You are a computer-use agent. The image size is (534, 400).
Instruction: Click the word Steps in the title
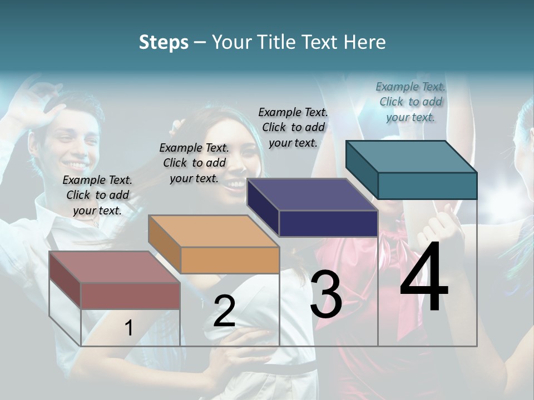pyautogui.click(x=163, y=42)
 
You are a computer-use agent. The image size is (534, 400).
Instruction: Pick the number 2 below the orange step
pyautogui.click(x=224, y=311)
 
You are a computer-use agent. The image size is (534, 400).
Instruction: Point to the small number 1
pyautogui.click(x=128, y=328)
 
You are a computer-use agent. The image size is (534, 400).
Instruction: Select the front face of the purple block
pyautogui.click(x=328, y=224)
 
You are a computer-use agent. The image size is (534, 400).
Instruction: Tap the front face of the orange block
pyautogui.click(x=230, y=260)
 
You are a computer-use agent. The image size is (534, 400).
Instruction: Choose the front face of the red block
pyautogui.click(x=130, y=296)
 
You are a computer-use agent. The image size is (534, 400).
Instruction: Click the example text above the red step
pyautogui.click(x=97, y=195)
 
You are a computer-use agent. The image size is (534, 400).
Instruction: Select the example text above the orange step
pyautogui.click(x=194, y=163)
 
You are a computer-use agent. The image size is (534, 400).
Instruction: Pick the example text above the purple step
pyautogui.click(x=293, y=127)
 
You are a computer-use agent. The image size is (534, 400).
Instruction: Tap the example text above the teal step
pyautogui.click(x=411, y=102)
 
